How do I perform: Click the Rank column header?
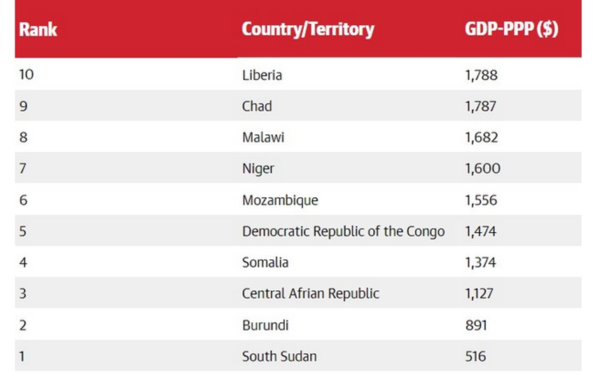pos(38,29)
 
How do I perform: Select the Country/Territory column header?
pos(307,29)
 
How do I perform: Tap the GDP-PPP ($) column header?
pos(511,29)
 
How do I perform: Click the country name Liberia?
pos(262,75)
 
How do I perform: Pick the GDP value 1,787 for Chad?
pos(480,106)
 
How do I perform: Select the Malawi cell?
pos(263,138)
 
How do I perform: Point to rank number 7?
pos(23,169)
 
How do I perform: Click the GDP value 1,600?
pos(482,169)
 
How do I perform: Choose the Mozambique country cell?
pos(280,200)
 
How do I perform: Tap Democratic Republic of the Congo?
pos(343,231)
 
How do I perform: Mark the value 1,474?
pos(481,231)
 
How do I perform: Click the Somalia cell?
pos(265,262)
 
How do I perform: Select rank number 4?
pos(23,262)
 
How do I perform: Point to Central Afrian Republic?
pos(311,294)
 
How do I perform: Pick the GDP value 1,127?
pos(479,294)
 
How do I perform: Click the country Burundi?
pos(265,325)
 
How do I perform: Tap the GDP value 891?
pos(475,325)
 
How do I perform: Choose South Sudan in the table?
pos(279,357)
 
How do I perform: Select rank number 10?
pos(27,75)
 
